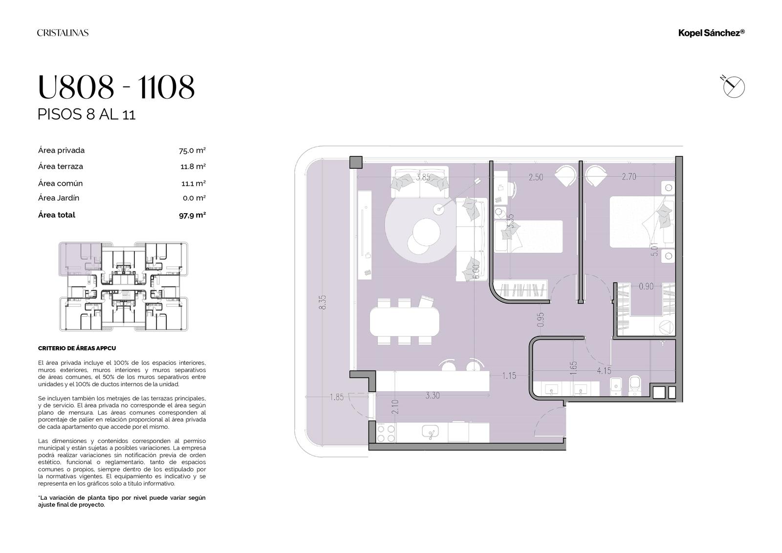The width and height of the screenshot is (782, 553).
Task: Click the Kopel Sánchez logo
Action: click(711, 33)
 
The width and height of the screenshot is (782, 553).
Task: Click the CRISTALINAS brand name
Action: click(63, 33)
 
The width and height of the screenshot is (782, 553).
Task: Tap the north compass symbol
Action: click(733, 87)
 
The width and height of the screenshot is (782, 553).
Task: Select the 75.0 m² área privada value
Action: click(192, 151)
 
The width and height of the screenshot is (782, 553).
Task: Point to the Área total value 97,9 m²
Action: click(193, 215)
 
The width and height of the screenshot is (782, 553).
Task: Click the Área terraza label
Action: click(61, 166)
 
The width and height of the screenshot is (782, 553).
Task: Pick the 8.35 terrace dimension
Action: click(322, 302)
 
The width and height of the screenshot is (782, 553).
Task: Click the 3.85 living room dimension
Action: click(423, 177)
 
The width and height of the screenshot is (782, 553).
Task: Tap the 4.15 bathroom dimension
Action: click(604, 371)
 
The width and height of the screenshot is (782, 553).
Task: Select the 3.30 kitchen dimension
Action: click(433, 396)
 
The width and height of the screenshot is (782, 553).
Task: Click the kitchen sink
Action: click(430, 432)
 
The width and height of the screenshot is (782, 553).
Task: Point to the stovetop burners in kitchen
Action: click(386, 434)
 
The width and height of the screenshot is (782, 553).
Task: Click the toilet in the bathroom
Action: click(634, 386)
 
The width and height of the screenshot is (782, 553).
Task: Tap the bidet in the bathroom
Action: click(615, 387)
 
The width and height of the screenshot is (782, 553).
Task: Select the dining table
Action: click(405, 321)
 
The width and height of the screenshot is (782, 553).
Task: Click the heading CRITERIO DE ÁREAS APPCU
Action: click(77, 348)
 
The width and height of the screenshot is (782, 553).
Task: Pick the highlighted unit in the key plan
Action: click(80, 259)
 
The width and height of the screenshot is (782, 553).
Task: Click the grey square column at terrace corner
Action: click(356, 162)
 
